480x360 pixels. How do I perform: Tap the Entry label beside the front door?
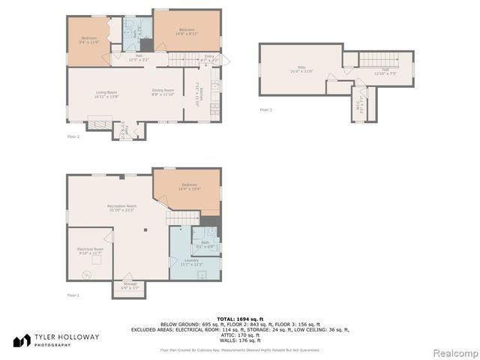coord(209,57)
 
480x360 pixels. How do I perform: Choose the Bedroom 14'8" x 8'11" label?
coord(187,31)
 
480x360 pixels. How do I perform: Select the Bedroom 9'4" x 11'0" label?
coord(88,39)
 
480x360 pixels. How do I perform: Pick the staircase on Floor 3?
coord(378,60)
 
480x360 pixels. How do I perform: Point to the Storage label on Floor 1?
coord(125,286)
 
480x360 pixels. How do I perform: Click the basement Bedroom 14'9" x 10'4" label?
coord(189,187)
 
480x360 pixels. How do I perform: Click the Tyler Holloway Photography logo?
coord(55,340)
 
